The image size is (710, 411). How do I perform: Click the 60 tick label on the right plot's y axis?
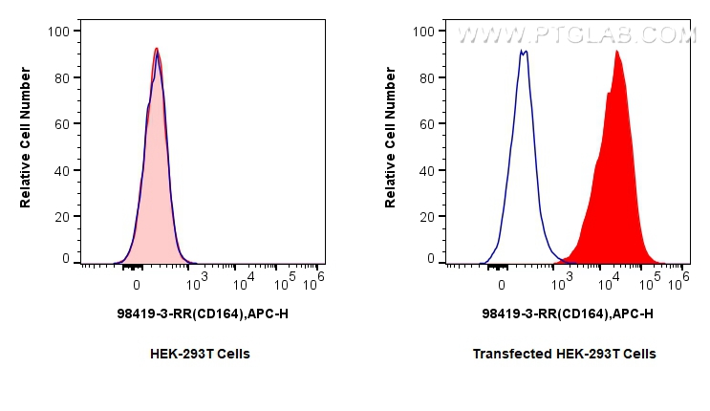[x=426, y=123]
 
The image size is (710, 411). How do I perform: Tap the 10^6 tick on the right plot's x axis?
[x=680, y=278]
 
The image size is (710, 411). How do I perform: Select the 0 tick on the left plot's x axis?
[x=137, y=284]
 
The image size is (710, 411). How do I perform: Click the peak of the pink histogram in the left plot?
[x=157, y=49]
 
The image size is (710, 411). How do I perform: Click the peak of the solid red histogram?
[x=616, y=52]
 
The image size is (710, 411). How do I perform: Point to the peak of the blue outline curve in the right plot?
[x=523, y=52]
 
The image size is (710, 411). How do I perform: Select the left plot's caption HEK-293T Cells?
[x=201, y=354]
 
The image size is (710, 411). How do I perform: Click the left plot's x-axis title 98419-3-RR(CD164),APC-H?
[x=201, y=313]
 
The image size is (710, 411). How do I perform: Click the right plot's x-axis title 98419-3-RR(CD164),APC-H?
[x=568, y=313]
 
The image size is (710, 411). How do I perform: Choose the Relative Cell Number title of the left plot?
[x=26, y=143]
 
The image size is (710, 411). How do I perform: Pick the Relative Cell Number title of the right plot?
[x=390, y=143]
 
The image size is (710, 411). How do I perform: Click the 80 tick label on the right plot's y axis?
[x=426, y=77]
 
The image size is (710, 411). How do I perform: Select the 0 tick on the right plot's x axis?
[x=502, y=284]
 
